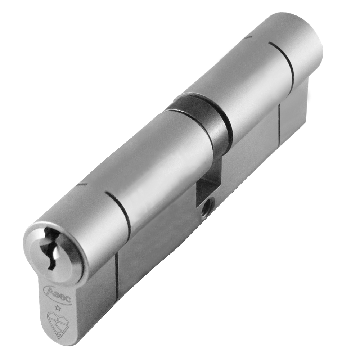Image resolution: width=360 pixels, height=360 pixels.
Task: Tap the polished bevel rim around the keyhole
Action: tap(74, 248)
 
